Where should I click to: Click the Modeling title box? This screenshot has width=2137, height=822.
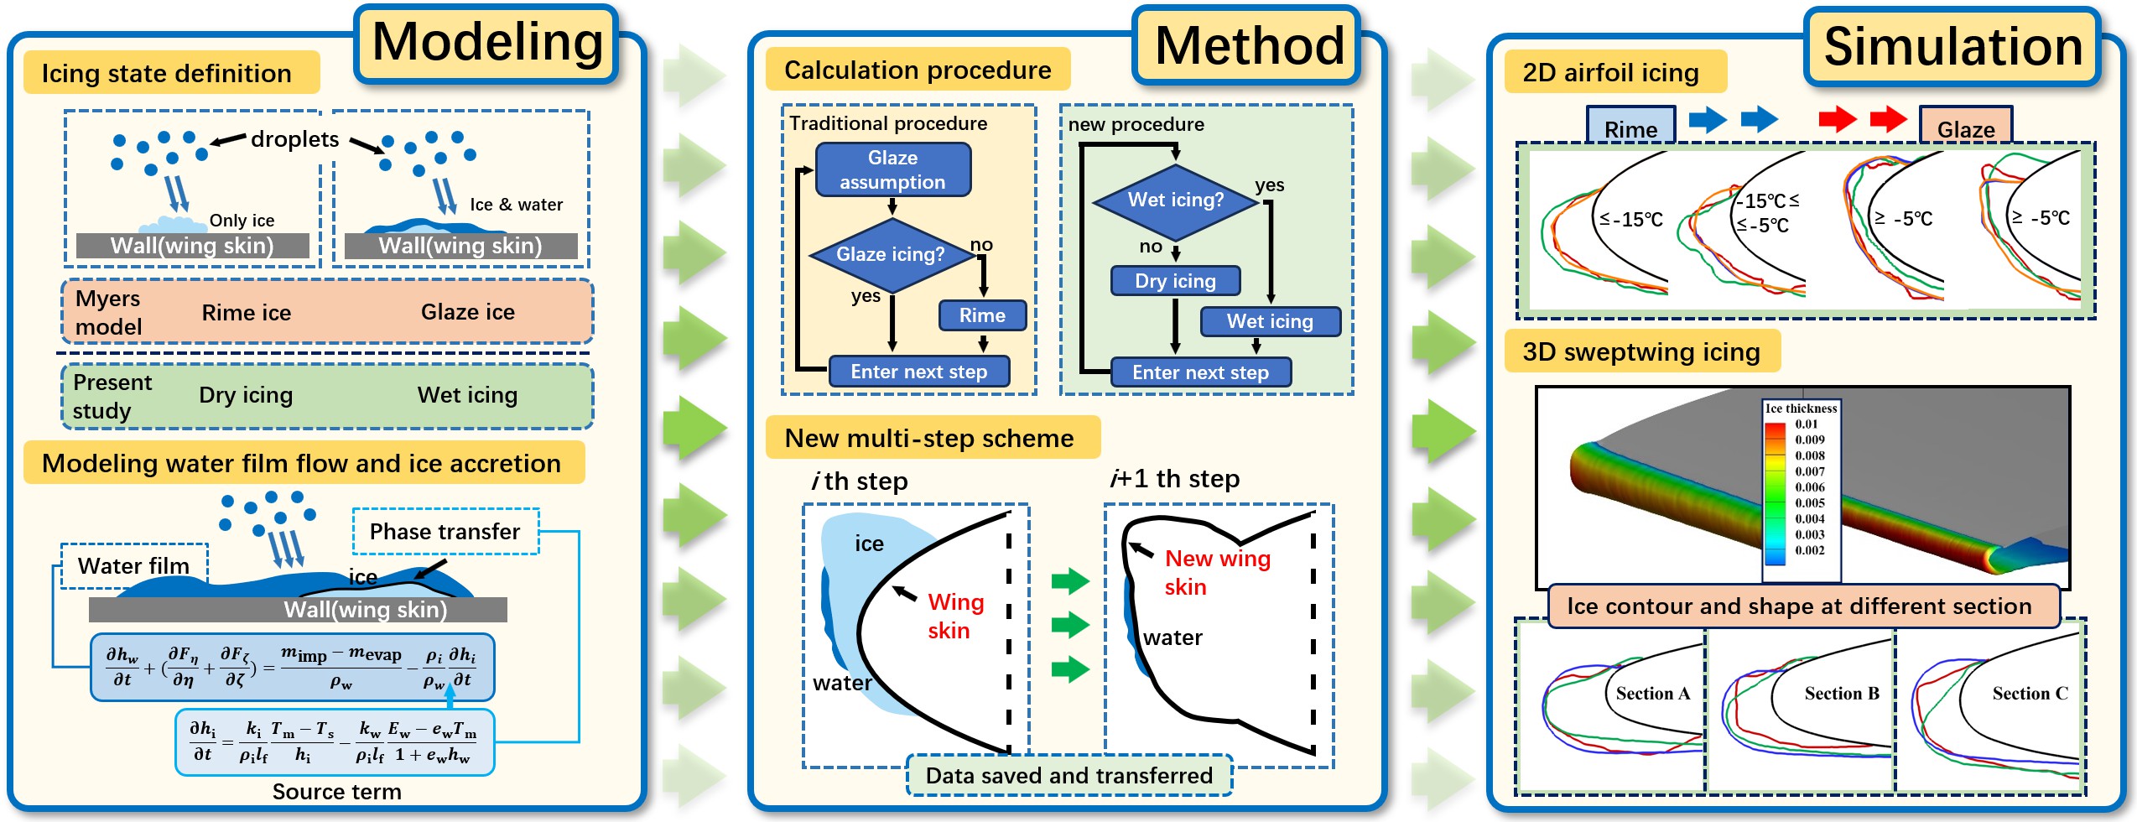click(x=486, y=44)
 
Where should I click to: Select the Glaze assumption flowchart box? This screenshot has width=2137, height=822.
click(x=892, y=169)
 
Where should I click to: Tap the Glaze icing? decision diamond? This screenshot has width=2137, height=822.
click(x=891, y=254)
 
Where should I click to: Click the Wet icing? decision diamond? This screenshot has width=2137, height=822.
click(x=1175, y=200)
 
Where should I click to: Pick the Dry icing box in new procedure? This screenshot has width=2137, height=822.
click(x=1175, y=281)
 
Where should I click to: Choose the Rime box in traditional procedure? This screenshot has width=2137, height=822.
click(x=982, y=315)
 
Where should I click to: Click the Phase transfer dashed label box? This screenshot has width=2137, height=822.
click(x=445, y=532)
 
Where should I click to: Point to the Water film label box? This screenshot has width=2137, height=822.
click(x=133, y=566)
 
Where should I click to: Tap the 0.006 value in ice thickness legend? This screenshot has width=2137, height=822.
click(x=1810, y=486)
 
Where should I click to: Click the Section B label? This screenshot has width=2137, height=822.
click(x=1842, y=694)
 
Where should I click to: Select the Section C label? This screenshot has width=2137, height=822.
click(x=2030, y=694)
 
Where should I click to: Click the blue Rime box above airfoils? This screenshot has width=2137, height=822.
click(x=1630, y=128)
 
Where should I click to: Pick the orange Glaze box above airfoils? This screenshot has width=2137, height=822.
click(x=1966, y=128)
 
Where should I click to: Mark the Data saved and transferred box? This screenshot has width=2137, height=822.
click(x=1069, y=776)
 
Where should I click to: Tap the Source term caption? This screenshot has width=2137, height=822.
click(x=336, y=792)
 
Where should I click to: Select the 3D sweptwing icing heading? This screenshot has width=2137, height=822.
click(x=1641, y=351)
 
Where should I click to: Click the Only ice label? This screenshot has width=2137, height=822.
click(x=242, y=221)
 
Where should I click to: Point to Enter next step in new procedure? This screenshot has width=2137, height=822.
click(x=1200, y=372)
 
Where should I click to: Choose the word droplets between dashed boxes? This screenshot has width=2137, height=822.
click(x=294, y=139)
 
